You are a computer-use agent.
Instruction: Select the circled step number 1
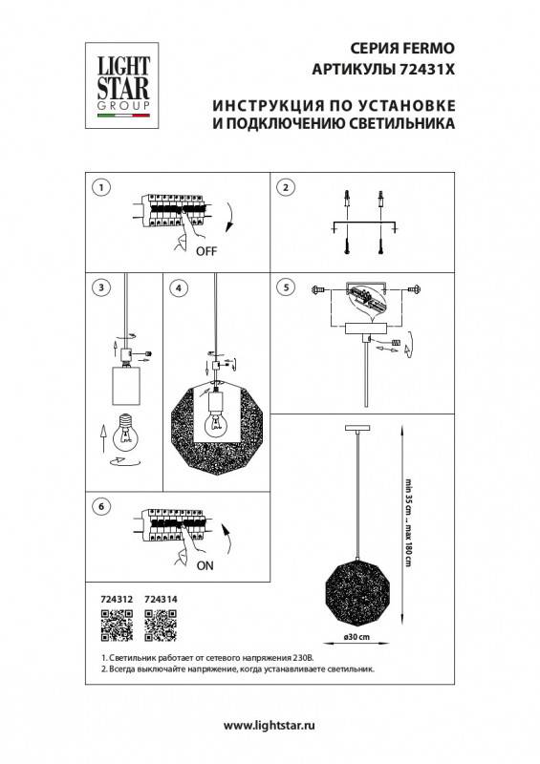(x=101, y=188)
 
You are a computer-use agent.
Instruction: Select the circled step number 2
(x=284, y=188)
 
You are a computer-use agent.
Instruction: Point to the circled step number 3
(x=101, y=286)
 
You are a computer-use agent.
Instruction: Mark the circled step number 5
(x=284, y=286)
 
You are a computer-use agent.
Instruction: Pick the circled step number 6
(x=101, y=507)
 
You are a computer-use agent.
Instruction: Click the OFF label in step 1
(x=206, y=253)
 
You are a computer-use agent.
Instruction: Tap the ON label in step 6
(x=205, y=564)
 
